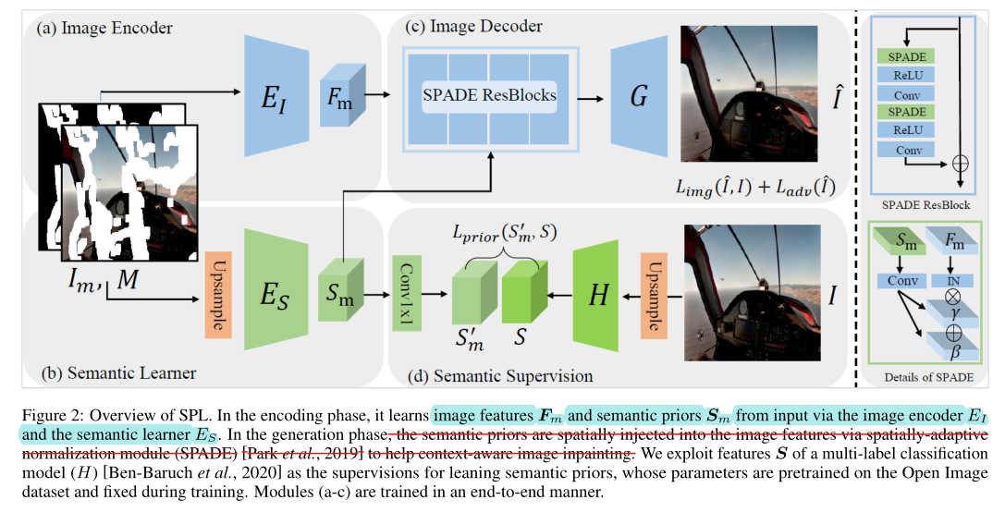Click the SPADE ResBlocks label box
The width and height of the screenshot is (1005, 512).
[x=490, y=94]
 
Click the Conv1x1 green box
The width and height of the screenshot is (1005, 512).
[x=407, y=293]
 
